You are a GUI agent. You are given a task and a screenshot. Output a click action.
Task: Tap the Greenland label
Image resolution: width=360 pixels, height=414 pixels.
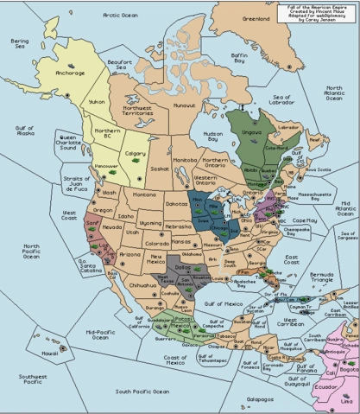256,17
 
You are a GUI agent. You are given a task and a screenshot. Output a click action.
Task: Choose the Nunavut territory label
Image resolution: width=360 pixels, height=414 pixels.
184,105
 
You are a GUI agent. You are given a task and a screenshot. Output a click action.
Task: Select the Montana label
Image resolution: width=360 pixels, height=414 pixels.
133,197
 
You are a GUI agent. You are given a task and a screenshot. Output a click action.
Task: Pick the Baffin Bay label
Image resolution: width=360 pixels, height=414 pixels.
238,58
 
